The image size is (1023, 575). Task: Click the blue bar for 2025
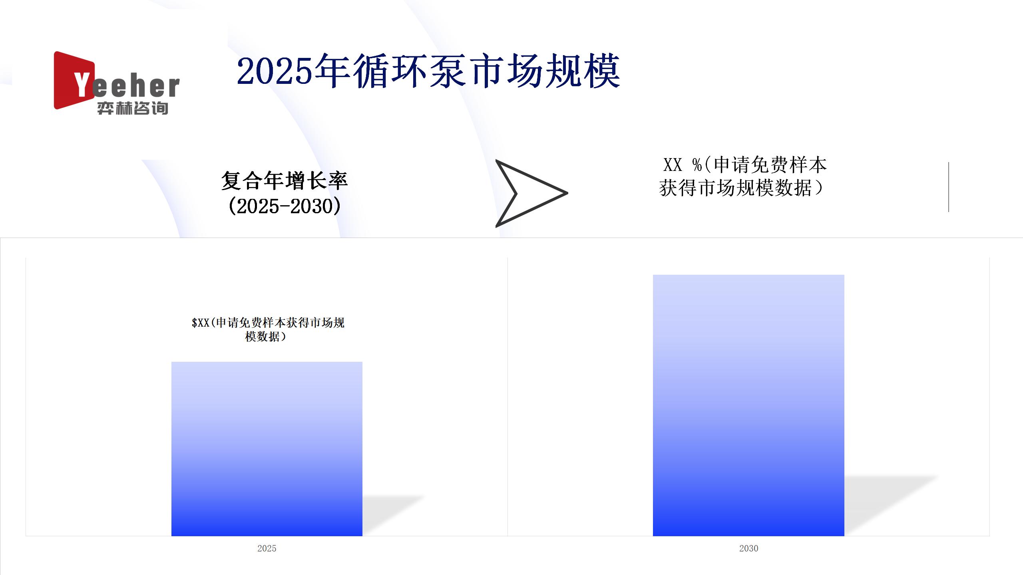(x=267, y=449)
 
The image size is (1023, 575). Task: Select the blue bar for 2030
(x=748, y=405)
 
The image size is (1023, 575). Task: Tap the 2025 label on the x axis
(x=267, y=548)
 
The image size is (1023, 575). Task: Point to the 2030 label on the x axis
(x=748, y=548)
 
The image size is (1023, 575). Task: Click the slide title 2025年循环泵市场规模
(x=428, y=71)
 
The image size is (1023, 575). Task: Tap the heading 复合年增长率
(x=285, y=180)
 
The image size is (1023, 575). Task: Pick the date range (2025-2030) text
(x=285, y=206)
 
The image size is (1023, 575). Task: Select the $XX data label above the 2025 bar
(x=268, y=329)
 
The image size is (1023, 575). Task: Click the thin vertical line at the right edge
(x=948, y=187)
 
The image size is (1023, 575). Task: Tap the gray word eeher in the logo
(x=136, y=87)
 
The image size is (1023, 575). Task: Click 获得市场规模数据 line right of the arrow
(x=741, y=188)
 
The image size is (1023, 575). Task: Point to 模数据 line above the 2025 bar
(x=266, y=337)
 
